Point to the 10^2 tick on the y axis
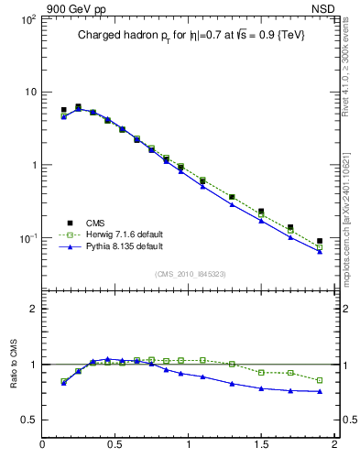click(x=27, y=18)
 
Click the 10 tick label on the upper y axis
click(x=29, y=92)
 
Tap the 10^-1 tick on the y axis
click(x=27, y=238)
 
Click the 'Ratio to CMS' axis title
click(x=13, y=364)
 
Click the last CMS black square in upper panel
click(x=320, y=241)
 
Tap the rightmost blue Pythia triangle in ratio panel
click(x=320, y=391)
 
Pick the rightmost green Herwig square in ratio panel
click(x=320, y=380)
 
